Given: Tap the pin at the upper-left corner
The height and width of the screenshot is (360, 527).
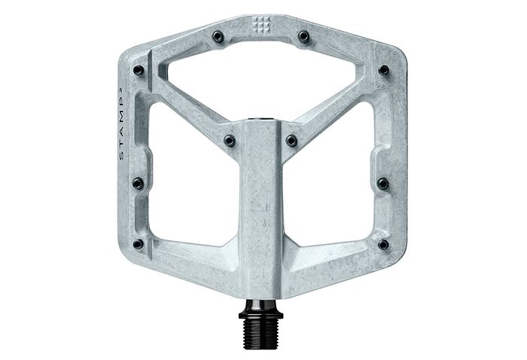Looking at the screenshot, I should pos(138,70).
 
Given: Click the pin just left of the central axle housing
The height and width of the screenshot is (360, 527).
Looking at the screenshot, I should pos(229,140).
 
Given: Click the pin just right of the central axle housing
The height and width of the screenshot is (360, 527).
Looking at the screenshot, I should pos(291,140).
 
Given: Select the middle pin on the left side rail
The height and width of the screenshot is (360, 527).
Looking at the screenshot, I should pos(137,182).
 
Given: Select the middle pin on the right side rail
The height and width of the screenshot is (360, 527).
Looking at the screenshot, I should pos(383,182).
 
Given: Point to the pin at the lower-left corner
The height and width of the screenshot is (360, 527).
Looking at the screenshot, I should pos(138,243).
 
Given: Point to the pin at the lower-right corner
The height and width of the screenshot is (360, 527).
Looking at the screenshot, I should pos(383,244).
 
